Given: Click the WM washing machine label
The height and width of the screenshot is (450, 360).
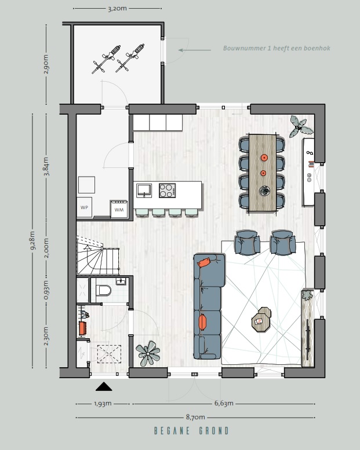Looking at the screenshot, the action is point(119,210).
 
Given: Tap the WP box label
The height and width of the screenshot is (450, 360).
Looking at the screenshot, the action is point(84,207).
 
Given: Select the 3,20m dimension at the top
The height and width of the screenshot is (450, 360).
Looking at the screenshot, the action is point(117,9).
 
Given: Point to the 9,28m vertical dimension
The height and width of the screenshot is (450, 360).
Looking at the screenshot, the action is point(32,240).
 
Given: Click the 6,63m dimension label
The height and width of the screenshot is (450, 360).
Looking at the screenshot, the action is point(224,403).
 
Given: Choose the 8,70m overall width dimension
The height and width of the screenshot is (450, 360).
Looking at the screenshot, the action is point(195,417).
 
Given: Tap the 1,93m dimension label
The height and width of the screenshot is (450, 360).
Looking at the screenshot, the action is point(103,404).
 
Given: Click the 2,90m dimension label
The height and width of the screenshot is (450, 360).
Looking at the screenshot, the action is point(46,64).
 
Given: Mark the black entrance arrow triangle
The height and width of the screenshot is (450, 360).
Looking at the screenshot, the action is point(104,386).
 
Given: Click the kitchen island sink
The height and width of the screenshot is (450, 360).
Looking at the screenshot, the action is point(144,191).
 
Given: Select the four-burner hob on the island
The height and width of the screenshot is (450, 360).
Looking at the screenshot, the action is point(167,191).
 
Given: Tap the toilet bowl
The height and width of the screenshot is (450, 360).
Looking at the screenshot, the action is point(103,290).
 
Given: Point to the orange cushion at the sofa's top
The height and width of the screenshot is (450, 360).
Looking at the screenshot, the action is point(205,262).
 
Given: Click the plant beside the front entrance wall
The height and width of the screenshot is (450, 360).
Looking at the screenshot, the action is point(148,353).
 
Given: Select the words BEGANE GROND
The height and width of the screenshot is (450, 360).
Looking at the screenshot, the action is point(191,431).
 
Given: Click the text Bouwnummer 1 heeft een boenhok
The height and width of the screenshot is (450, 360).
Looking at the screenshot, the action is point(277,48).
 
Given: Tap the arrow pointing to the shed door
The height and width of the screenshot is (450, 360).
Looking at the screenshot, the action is point(195,50).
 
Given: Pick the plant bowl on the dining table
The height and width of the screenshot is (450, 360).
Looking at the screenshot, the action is point(264,191).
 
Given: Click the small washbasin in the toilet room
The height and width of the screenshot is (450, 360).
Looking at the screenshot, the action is point(121,281).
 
